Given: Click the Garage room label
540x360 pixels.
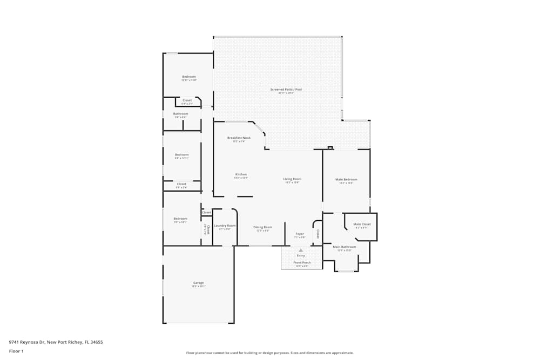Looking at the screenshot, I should (198, 283).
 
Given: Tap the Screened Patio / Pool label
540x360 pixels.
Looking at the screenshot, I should (286, 89).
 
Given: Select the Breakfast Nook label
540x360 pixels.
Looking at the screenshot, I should (239, 138).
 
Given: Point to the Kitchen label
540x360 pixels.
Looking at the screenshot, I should (241, 174).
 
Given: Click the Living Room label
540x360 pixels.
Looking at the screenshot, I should (292, 179).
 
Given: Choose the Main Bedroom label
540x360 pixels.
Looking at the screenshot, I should (346, 179).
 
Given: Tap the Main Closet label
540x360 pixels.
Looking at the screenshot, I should (362, 224).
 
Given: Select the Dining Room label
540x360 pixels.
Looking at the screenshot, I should (262, 227).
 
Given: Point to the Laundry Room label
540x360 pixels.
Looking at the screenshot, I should (225, 226).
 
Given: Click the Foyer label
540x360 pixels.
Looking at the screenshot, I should (299, 234).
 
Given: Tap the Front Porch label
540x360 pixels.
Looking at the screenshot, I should (301, 262).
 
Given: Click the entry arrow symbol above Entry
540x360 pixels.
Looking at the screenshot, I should (301, 250).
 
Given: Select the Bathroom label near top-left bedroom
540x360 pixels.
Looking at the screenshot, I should (180, 113).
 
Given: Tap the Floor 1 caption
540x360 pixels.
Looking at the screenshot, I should (16, 351).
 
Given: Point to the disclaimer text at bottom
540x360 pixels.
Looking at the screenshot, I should (269, 353).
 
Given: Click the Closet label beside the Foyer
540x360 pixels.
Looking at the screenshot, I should (318, 234).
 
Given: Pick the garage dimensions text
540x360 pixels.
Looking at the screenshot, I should (198, 287).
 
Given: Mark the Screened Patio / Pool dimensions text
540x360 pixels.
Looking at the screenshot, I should (286, 93).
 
